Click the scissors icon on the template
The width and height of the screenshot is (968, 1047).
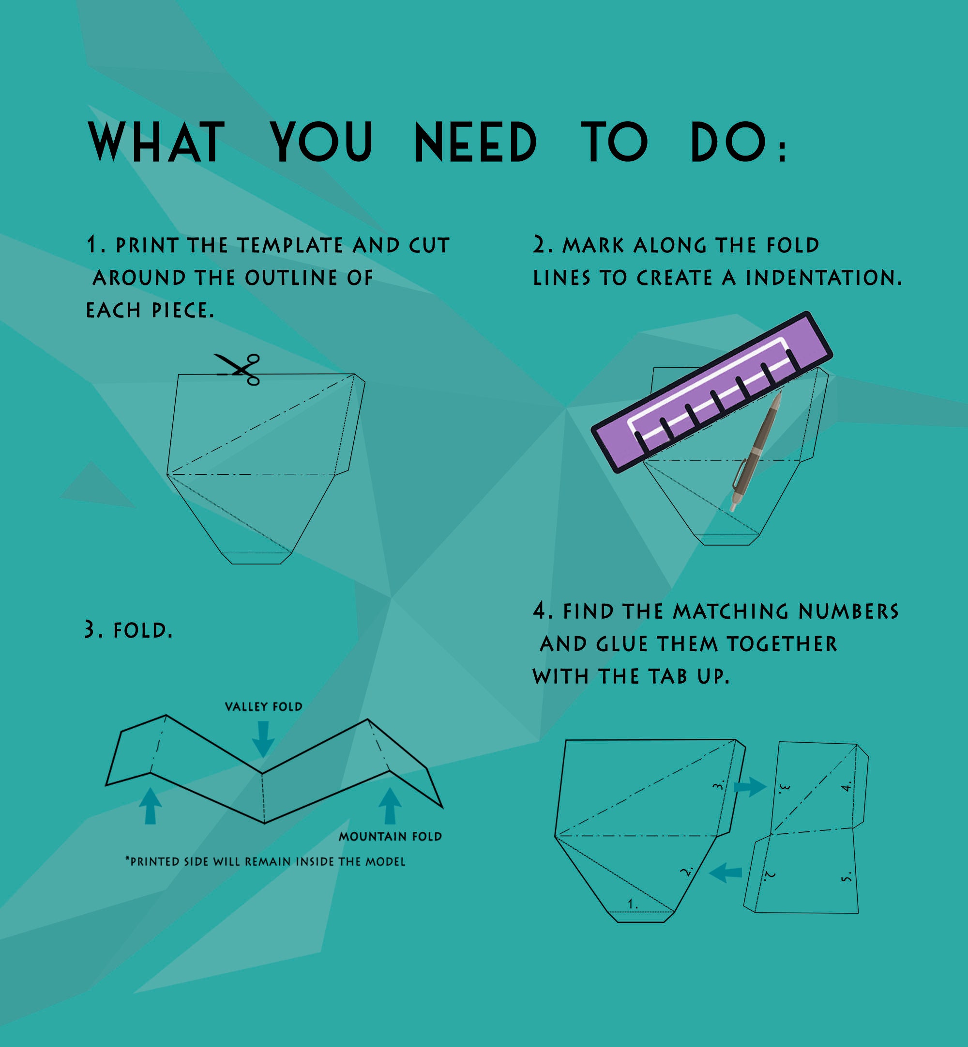[238, 369]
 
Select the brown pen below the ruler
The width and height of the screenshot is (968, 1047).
[756, 451]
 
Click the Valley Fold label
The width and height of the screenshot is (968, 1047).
[263, 707]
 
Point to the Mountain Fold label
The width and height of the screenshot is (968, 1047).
[390, 836]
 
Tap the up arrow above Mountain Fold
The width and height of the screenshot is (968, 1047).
[390, 805]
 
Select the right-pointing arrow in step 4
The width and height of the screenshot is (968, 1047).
[750, 786]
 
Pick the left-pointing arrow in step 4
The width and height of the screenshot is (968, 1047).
[725, 873]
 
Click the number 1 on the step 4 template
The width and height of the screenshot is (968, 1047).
[633, 903]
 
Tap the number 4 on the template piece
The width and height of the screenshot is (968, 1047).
[846, 786]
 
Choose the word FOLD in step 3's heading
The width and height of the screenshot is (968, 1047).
[143, 630]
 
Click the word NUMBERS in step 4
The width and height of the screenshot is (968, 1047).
[848, 612]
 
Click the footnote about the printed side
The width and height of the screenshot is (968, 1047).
[265, 861]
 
